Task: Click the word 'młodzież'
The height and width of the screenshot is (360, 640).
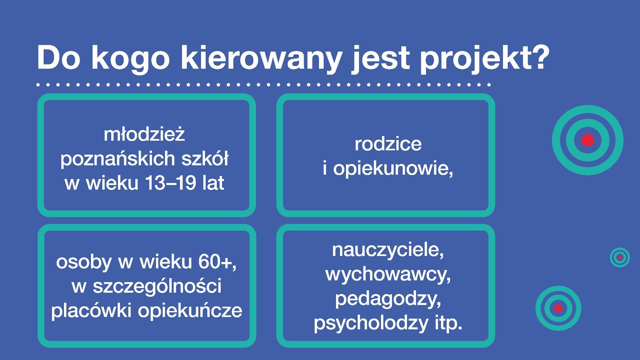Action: [144, 134]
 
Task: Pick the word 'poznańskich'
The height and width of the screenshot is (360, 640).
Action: [118, 159]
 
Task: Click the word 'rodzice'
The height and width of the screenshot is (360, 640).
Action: [388, 144]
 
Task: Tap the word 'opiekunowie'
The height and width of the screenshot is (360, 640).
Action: [393, 168]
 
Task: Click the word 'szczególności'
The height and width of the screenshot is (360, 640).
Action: [157, 286]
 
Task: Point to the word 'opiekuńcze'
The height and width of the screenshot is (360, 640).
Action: [190, 311]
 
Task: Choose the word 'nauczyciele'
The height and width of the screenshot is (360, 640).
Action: [388, 250]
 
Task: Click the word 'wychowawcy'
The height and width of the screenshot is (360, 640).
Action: [388, 274]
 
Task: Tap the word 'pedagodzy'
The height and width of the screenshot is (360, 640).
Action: [388, 299]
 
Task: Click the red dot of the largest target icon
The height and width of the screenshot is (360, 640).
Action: [588, 140]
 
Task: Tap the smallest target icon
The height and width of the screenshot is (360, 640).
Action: [620, 257]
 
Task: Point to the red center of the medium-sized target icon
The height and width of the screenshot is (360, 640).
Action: [558, 308]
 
